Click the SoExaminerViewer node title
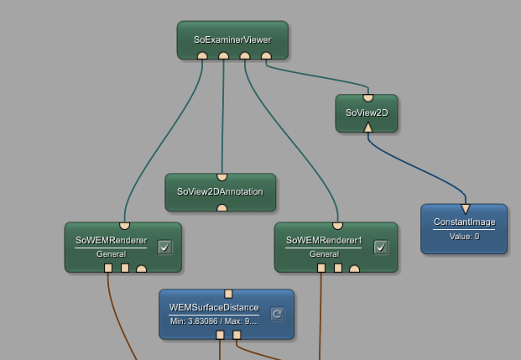232,39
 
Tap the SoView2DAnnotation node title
220,191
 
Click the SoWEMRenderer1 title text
324,240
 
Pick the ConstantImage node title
464,222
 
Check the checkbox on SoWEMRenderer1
381,247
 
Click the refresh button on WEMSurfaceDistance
277,314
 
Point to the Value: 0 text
464,236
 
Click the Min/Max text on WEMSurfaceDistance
214,321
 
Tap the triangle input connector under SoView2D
367,128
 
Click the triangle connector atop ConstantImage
465,208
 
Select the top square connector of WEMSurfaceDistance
228,294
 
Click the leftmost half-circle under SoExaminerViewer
202,56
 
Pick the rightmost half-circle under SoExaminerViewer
266,56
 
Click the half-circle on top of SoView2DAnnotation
221,177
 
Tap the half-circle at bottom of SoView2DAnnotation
221,207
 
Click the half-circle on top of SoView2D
367,97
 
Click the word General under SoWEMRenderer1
324,253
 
